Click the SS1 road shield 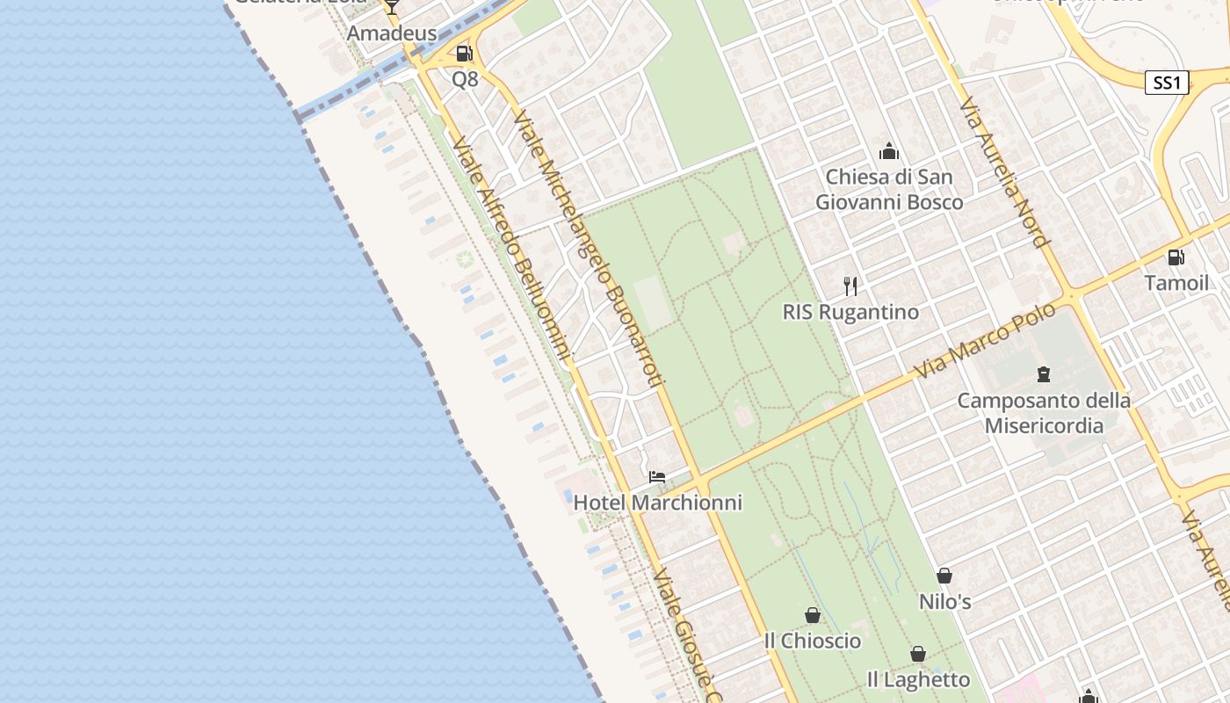tap(1167, 83)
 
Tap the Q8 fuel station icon tap(464, 54)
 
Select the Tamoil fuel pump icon tap(1176, 257)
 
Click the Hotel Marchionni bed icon tap(656, 477)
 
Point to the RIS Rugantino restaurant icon tap(850, 286)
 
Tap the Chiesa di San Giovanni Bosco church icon tap(889, 151)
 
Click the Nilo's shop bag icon tap(944, 576)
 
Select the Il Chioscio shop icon tap(813, 615)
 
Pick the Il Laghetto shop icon tap(918, 654)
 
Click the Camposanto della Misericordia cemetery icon tap(1043, 374)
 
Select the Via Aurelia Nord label tap(1005, 172)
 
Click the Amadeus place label tap(392, 33)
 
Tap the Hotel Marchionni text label tap(657, 503)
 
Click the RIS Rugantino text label tap(850, 312)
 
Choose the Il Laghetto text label tap(918, 679)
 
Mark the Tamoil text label tap(1176, 283)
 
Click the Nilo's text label tap(944, 602)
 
